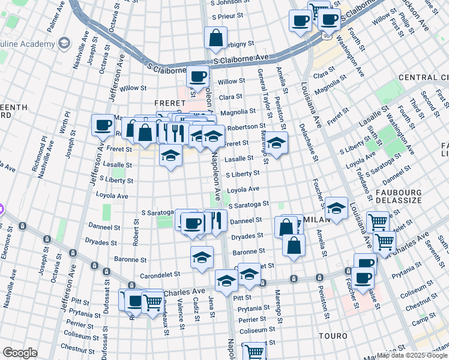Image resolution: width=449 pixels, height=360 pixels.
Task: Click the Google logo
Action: [x=20, y=353]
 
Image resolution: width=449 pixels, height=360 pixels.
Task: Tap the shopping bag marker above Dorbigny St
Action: [x=215, y=38]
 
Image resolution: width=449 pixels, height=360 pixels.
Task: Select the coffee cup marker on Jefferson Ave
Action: [x=103, y=125]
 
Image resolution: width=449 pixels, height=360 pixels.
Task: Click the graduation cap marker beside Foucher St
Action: [x=336, y=209]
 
